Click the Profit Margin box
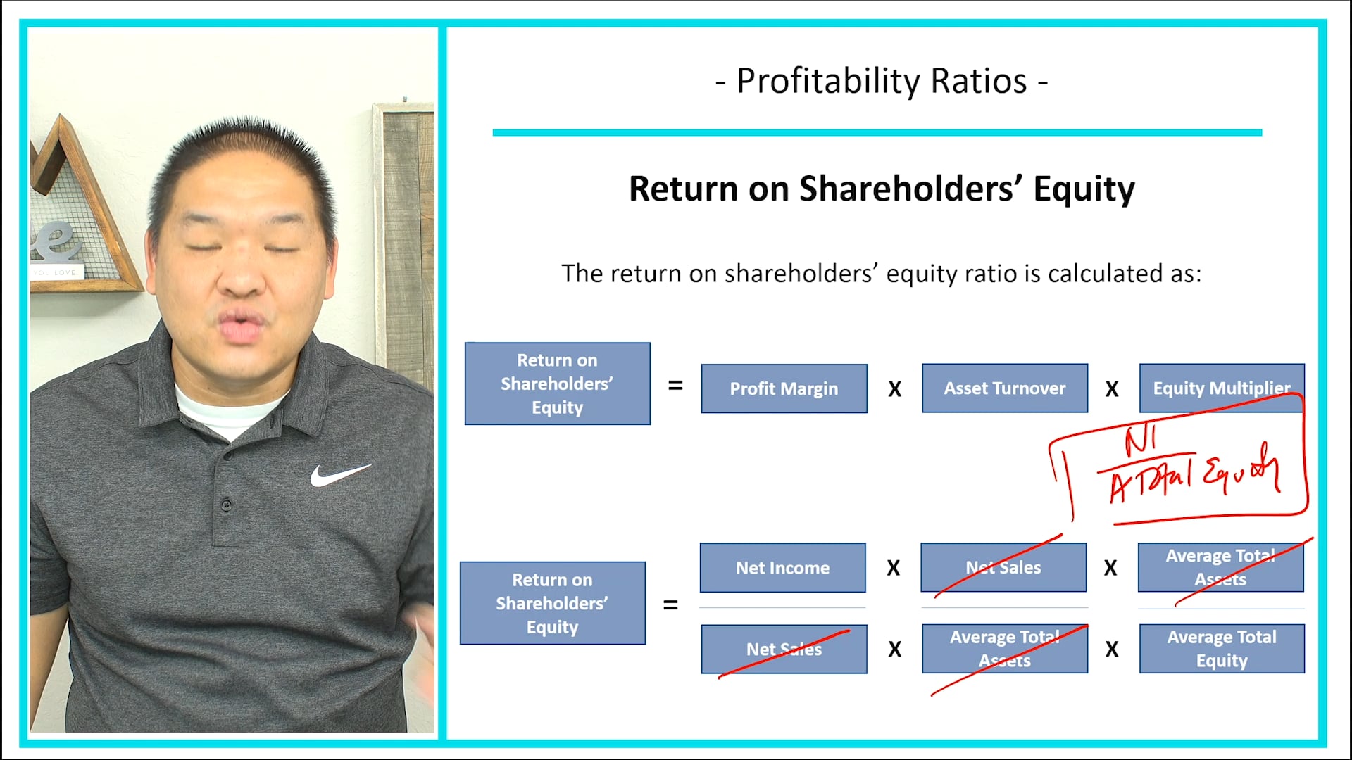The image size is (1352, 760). tap(784, 388)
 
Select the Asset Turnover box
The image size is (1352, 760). tap(1004, 388)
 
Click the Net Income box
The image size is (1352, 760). tap(782, 568)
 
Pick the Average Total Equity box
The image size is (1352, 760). tap(1221, 649)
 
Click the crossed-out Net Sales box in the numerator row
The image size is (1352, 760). tap(1003, 567)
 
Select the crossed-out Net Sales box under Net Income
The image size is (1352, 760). tap(784, 649)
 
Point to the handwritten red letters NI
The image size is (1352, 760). tap(1139, 441)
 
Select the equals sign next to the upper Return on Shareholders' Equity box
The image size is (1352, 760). tap(675, 386)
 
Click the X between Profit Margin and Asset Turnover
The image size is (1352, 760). tap(894, 389)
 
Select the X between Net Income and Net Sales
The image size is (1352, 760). tap(893, 568)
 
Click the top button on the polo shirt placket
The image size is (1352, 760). tap(227, 504)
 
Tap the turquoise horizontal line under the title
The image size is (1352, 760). tap(877, 132)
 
